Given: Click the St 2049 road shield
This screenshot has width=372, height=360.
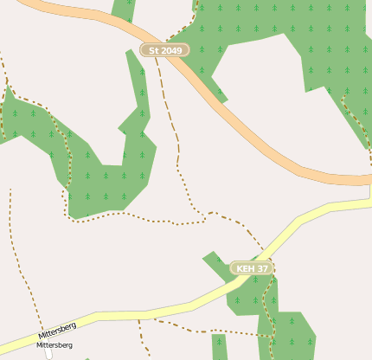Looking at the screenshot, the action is coord(164,50).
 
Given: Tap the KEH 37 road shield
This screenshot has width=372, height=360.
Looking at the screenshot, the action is coord(252,269).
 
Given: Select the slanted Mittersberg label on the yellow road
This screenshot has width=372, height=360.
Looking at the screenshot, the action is coord(57,331).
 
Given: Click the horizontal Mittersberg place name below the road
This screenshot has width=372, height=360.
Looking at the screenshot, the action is coord(54,345).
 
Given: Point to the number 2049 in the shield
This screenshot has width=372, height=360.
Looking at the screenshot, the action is coord(170,50).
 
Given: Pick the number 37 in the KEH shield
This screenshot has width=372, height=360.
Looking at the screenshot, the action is coord(262,269).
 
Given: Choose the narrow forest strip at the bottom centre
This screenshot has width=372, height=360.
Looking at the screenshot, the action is coord(219,346).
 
